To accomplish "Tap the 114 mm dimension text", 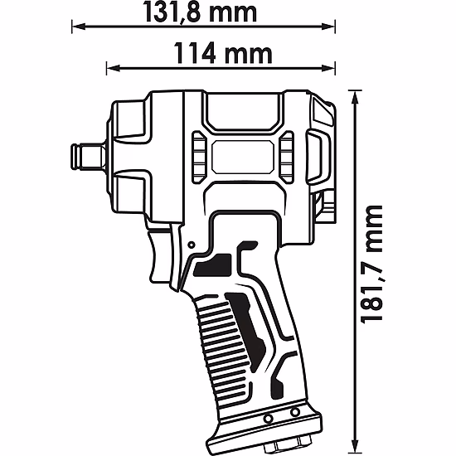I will tap(224, 54).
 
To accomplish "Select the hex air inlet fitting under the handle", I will tap(280, 439).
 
